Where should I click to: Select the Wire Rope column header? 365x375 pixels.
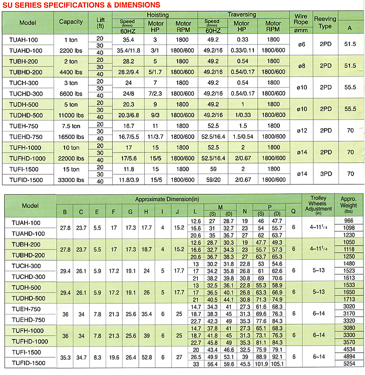click(301, 22)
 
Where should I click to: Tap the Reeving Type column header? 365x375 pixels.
click(325, 22)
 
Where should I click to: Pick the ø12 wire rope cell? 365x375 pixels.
click(301, 130)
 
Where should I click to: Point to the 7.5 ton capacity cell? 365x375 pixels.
click(71, 125)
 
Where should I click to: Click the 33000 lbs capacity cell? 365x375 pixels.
click(71, 179)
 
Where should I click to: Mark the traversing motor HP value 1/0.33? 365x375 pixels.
click(242, 114)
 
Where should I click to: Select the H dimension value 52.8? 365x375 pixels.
click(147, 357)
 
